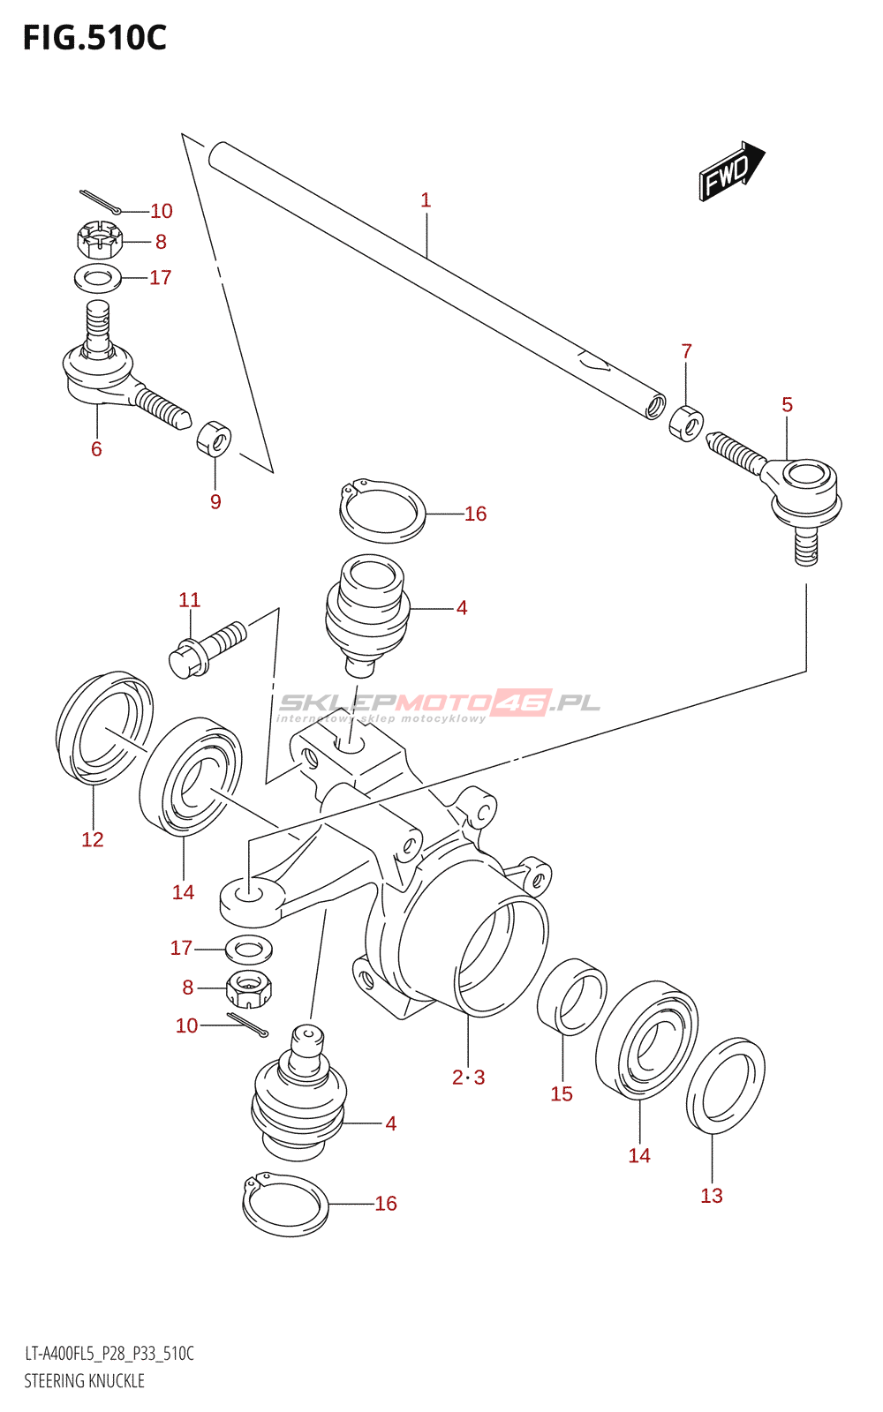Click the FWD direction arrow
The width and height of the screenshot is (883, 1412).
coord(732,171)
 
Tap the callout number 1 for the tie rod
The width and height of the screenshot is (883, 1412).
coord(426,199)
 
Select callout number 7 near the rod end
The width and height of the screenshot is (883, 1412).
coord(687,350)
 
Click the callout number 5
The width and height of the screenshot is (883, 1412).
coord(787,404)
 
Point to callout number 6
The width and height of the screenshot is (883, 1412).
coord(96,449)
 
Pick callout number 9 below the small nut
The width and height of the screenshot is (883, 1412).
coord(215,502)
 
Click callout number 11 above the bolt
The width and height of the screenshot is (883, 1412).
coord(189,599)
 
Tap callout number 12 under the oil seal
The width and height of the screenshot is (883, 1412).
coord(92,839)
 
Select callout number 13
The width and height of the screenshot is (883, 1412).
coord(712,1195)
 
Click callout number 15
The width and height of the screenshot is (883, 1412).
coord(562,1093)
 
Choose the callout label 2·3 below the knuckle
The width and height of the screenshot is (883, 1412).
coord(469,1078)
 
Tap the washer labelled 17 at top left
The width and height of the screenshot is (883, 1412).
coord(98,279)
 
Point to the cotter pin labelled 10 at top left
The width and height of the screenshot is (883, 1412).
coord(101,200)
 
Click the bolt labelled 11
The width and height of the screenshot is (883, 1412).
coord(208,650)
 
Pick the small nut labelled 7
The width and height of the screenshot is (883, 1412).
coord(686,424)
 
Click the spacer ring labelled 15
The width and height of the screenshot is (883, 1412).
coord(572,996)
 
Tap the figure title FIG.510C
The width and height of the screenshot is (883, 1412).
coord(94,38)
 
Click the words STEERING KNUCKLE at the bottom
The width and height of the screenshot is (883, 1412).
coord(85,1380)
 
